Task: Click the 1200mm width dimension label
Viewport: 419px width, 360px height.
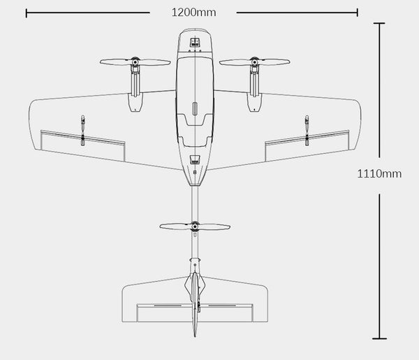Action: pos(193,12)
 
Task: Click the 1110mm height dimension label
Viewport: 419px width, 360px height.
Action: pos(379,174)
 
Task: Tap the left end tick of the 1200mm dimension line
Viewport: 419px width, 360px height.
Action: pos(26,12)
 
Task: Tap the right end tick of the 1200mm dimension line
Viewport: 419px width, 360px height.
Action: pos(358,12)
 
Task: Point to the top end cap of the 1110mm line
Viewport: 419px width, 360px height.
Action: pos(379,23)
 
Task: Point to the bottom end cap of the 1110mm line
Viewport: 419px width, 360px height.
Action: pos(379,337)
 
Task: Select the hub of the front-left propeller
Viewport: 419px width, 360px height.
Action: pos(134,62)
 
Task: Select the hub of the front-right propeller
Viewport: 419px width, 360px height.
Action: pos(253,62)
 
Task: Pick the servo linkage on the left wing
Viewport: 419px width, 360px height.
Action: pos(82,130)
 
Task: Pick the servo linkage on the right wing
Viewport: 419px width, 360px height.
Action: pos(307,130)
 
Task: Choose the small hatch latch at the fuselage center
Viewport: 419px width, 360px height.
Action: pos(194,109)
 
